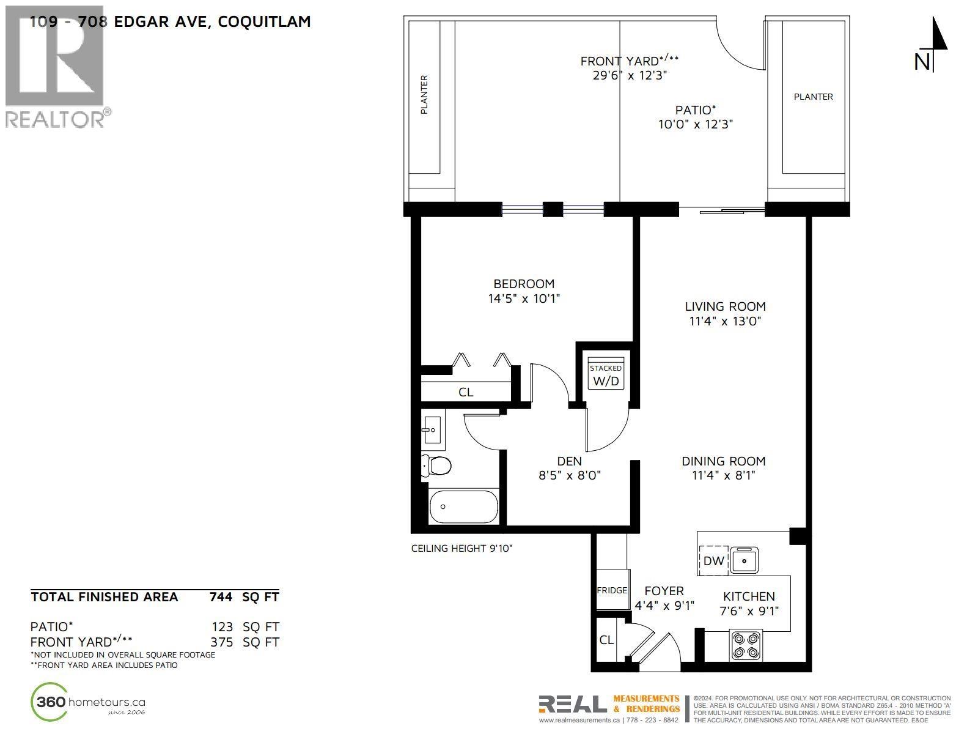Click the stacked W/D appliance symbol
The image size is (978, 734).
(605, 374)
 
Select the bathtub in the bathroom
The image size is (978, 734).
(463, 506)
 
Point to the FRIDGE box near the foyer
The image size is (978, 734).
(612, 590)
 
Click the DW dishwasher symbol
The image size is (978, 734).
(713, 560)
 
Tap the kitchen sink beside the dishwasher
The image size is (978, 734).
(745, 560)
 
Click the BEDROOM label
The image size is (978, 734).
(524, 284)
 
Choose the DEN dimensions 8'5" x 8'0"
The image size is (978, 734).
(570, 475)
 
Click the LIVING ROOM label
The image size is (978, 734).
(725, 306)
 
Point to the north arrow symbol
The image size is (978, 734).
(933, 44)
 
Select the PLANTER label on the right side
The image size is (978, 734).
(813, 97)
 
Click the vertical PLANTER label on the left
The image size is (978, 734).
(424, 95)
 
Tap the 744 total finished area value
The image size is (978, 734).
(221, 597)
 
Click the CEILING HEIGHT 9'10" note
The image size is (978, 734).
(461, 549)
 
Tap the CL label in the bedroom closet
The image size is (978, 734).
(466, 392)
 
